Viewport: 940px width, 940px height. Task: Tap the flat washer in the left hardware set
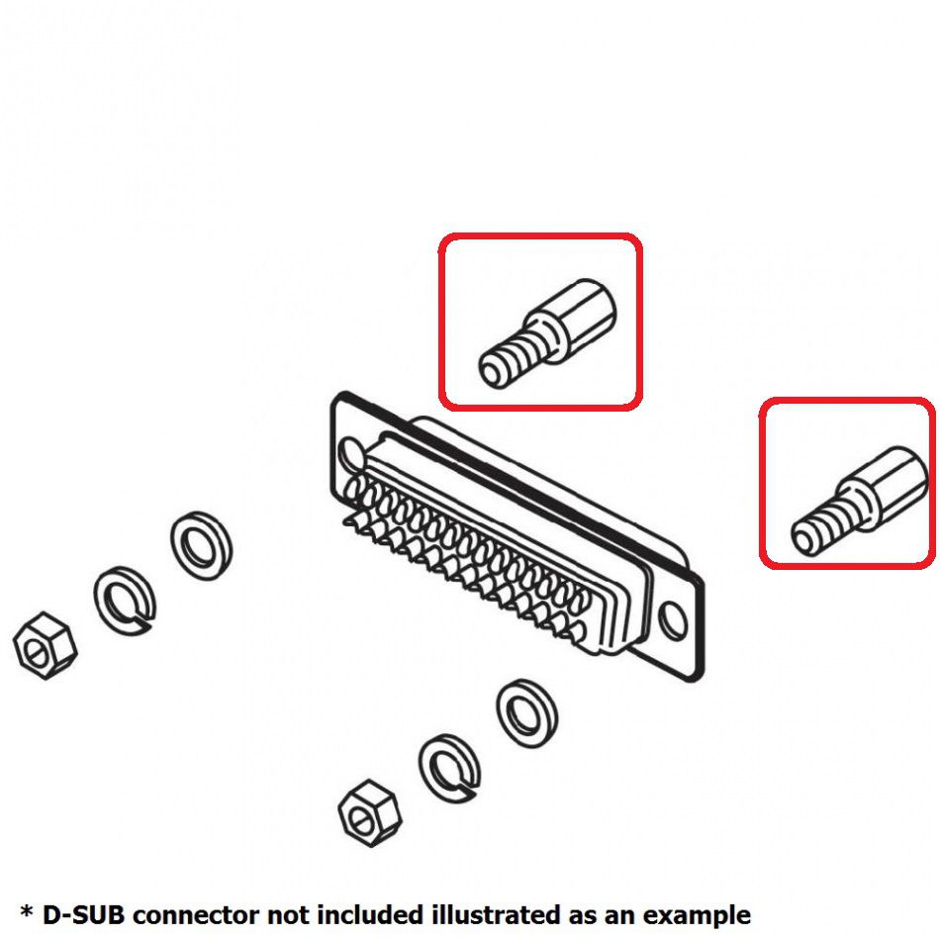pos(201,545)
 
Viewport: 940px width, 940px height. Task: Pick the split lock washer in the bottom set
pos(449,766)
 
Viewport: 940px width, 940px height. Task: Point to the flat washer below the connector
pos(525,713)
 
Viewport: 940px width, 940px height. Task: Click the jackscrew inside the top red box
pos(547,330)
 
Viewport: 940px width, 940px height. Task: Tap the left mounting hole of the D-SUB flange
pos(350,455)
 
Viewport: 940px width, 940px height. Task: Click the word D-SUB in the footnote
pos(84,914)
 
